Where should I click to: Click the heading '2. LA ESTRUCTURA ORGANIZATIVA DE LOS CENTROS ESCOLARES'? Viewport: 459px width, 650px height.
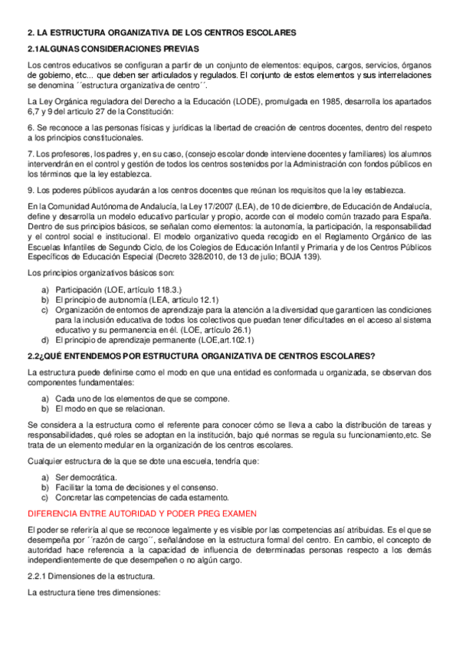[x=161, y=33]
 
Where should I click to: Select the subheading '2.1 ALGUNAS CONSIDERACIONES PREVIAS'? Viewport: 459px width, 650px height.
[x=113, y=49]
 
